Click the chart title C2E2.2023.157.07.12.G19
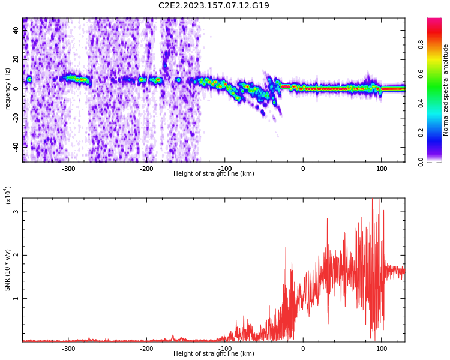[214, 6]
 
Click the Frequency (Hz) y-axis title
[8, 89]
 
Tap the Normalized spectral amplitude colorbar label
[446, 89]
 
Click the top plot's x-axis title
[214, 174]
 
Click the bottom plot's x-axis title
[214, 354]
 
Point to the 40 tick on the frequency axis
[16, 31]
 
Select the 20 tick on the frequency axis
[16, 59]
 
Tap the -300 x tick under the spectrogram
[68, 168]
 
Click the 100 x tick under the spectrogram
[382, 168]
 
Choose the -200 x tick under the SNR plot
[146, 348]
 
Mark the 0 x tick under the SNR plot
[303, 348]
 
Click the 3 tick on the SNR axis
[16, 212]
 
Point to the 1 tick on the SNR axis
[16, 298]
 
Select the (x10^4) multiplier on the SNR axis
[8, 195]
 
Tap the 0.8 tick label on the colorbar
[421, 44]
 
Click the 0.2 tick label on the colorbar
[421, 133]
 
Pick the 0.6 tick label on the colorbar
[421, 74]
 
